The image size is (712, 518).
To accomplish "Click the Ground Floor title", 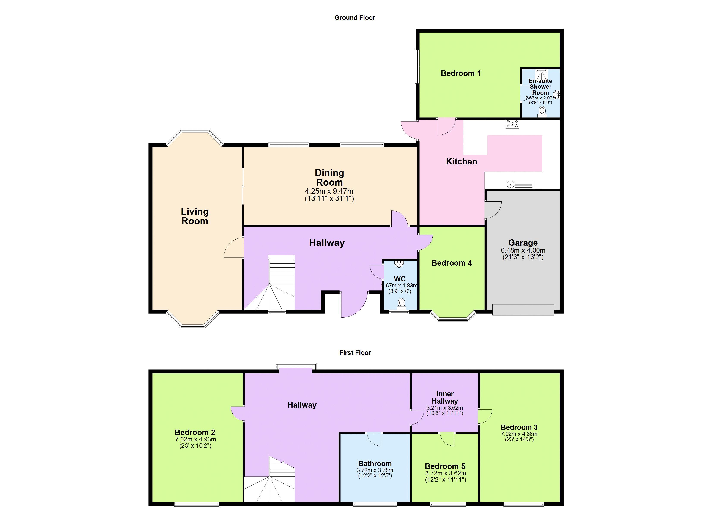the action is (354, 18).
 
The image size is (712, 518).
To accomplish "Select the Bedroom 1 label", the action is (461, 73).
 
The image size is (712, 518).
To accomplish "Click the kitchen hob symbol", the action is (512, 124).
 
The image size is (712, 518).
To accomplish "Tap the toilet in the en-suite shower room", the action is (542, 112).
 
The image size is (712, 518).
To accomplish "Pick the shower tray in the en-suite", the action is (542, 75).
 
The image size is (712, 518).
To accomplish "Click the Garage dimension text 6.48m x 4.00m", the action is (523, 250).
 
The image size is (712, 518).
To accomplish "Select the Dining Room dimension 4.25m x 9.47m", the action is (329, 191).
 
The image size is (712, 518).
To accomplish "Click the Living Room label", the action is (195, 216).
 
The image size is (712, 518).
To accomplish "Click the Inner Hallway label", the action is (445, 397).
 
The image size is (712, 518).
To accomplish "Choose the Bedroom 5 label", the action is (445, 466).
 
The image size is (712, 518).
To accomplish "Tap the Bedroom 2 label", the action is (195, 432).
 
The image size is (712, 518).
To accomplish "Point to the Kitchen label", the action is (462, 161).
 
